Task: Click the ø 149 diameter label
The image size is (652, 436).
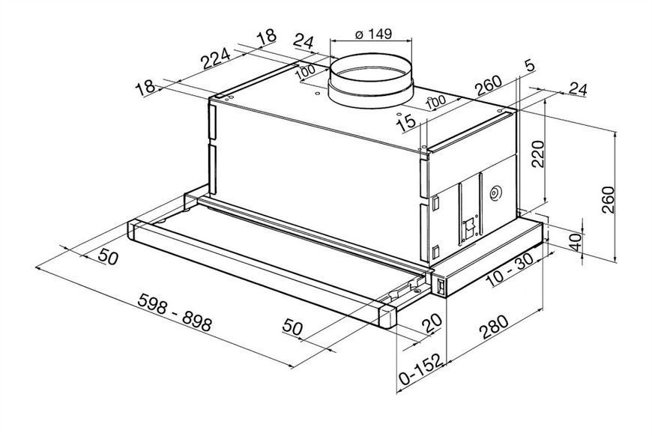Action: [x=373, y=33]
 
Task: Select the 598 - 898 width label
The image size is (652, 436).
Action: [x=175, y=312]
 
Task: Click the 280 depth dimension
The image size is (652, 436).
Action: [x=494, y=327]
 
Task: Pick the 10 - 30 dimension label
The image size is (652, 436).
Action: [x=509, y=270]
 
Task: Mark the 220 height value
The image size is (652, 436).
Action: [x=538, y=154]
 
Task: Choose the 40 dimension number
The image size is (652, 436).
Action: [x=575, y=242]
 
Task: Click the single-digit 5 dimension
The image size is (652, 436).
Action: [x=529, y=67]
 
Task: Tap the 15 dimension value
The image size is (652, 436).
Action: [x=405, y=123]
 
